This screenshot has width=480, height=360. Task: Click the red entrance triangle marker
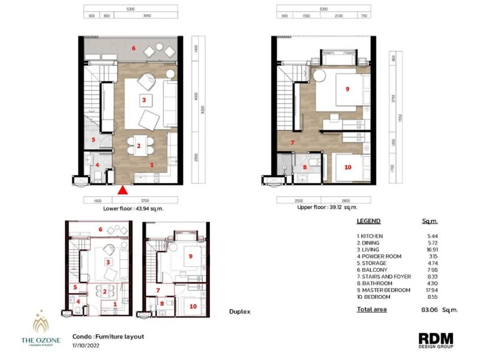click(122, 191)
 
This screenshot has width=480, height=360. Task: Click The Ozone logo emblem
click(40, 324)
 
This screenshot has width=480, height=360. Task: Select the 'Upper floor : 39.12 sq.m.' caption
click(327, 208)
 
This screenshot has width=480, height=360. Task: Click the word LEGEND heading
click(368, 221)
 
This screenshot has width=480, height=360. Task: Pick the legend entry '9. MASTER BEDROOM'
click(384, 290)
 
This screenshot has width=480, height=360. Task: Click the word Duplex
click(239, 312)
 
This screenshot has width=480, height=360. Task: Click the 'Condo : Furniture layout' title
click(108, 337)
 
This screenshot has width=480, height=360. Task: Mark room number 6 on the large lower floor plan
click(134, 47)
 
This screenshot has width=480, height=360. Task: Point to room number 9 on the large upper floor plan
click(347, 89)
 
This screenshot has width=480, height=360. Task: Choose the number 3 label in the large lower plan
click(143, 98)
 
